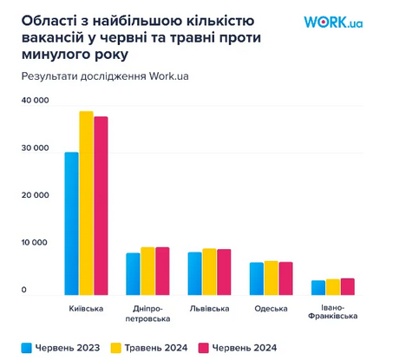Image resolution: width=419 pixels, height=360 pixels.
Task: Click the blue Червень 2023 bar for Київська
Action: (x=72, y=224)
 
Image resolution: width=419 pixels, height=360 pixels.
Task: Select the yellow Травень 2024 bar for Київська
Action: (x=86, y=204)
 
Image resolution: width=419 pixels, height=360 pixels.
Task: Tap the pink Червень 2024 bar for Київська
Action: (x=101, y=206)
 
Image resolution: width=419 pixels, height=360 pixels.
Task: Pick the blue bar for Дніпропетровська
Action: (x=133, y=274)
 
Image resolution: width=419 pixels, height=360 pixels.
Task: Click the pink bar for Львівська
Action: (x=224, y=272)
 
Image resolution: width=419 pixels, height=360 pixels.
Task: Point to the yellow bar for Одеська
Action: (x=271, y=278)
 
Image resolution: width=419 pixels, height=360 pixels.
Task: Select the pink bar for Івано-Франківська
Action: (x=347, y=286)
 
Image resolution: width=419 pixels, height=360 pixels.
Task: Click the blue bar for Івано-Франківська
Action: (x=318, y=287)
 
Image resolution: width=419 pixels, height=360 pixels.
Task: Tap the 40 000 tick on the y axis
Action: (x=35, y=101)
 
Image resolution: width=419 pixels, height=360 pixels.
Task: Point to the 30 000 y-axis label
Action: (x=35, y=148)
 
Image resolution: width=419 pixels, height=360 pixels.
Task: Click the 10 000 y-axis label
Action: (x=35, y=243)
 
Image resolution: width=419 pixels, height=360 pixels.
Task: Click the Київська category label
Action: (x=86, y=309)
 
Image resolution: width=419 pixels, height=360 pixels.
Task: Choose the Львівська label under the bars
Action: (x=209, y=309)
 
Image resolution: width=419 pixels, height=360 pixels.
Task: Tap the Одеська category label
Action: (x=271, y=309)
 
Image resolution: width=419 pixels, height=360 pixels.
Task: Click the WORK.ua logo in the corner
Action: (x=333, y=21)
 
